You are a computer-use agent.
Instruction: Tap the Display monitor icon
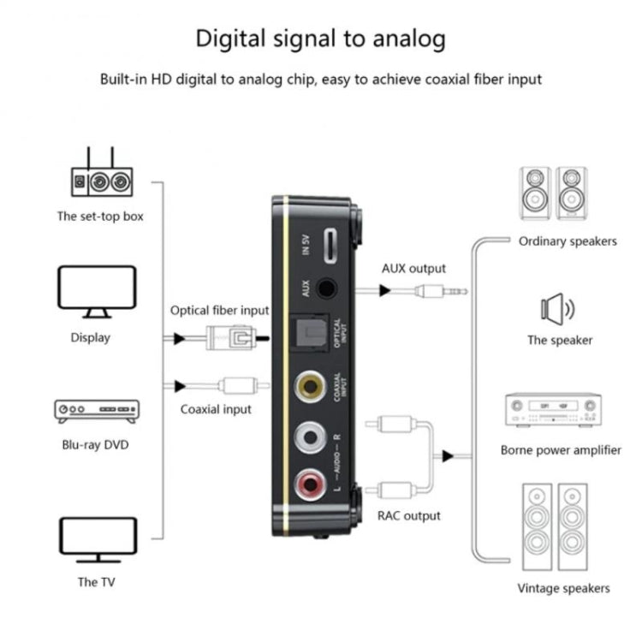click(x=97, y=290)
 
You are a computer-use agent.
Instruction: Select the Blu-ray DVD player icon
click(x=97, y=410)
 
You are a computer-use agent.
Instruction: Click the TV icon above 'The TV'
click(x=97, y=538)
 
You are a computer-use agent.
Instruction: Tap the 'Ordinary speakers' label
click(x=567, y=241)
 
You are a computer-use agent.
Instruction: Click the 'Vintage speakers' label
click(x=563, y=588)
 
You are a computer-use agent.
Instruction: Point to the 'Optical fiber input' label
click(x=219, y=311)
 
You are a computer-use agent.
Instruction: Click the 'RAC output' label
click(x=409, y=515)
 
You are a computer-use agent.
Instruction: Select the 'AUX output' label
click(x=413, y=268)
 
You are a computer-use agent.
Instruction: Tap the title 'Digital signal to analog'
click(x=321, y=39)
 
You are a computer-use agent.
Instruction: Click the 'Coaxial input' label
click(x=216, y=409)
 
